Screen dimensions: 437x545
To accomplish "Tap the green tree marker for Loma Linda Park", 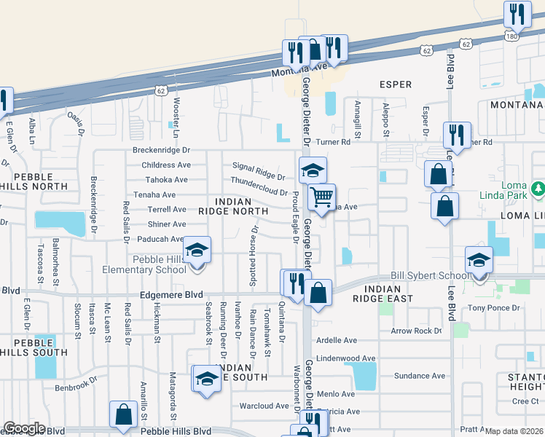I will point(538,189).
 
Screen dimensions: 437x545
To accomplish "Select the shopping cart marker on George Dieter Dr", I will point(321,197).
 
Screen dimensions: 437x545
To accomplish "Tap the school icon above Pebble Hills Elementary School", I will point(197,251).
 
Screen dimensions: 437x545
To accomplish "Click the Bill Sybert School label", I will point(430,275).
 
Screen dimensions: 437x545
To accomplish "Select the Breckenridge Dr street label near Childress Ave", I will point(161,150).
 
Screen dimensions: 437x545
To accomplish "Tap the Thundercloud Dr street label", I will point(259,186).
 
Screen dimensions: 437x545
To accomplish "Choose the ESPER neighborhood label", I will point(396,84).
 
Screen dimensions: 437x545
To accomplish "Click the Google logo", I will point(24,428).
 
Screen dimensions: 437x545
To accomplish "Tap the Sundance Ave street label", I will point(419,376).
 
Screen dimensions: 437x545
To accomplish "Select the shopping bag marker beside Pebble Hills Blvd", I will point(123,414).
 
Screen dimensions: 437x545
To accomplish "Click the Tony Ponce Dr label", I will point(494,308).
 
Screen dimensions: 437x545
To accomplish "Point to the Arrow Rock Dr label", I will point(416,331).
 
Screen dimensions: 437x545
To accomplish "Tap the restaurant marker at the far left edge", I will point(4,101).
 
